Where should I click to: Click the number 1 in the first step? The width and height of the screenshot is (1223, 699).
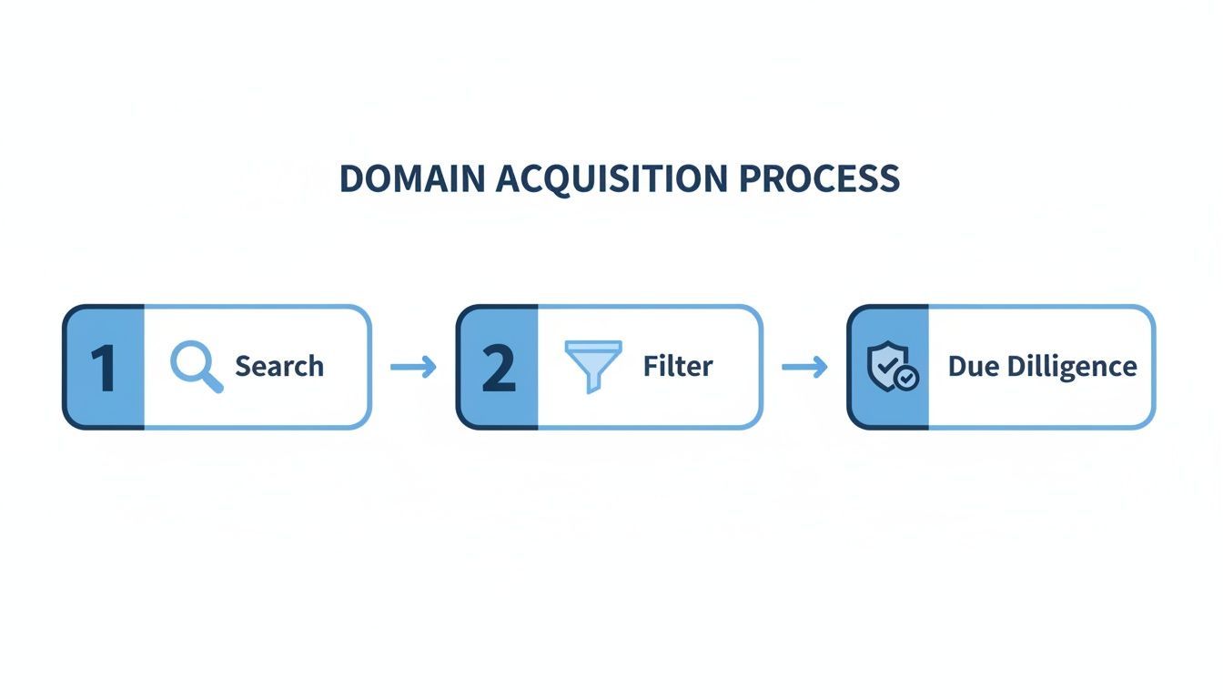coord(104,367)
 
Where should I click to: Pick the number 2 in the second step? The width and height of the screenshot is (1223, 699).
coord(498,367)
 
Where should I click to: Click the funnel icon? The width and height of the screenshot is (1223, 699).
coord(593,365)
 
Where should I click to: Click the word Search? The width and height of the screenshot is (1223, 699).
coord(279,367)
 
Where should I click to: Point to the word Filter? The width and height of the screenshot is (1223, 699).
coord(678,367)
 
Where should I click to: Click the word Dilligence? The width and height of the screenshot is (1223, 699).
coord(1071,367)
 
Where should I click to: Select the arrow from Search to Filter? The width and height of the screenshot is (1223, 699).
coord(413,367)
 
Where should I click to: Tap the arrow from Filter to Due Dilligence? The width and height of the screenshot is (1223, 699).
coord(804,367)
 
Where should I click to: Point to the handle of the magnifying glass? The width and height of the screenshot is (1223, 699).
coord(212,383)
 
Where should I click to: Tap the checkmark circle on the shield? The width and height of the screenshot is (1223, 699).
coord(907,378)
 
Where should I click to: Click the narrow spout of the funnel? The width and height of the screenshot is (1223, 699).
coord(593,385)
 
